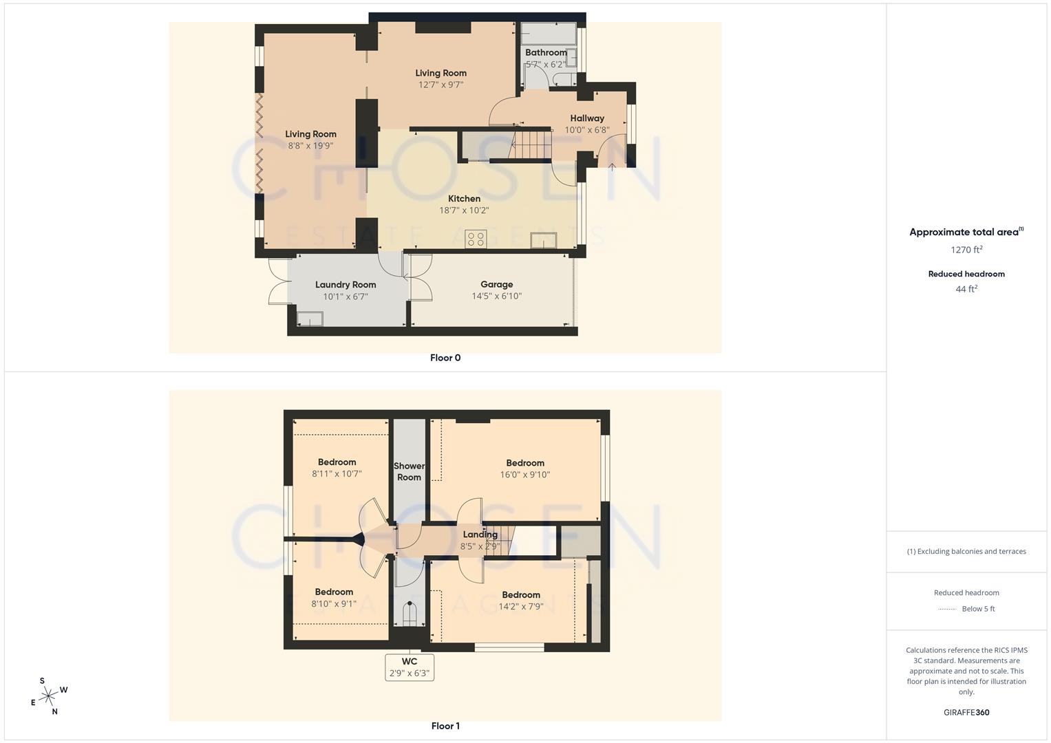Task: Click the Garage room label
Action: (496, 284)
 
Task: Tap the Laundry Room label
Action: (346, 285)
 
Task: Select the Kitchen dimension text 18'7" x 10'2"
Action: (464, 211)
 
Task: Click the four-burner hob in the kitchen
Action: (476, 239)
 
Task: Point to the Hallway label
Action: (587, 118)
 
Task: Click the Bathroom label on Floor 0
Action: (546, 52)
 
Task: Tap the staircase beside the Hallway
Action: (532, 144)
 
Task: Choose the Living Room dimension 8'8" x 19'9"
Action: (310, 146)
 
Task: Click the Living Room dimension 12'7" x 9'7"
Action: (440, 85)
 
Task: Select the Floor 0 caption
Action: (445, 358)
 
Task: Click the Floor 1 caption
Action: (445, 726)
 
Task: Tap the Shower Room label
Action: (409, 471)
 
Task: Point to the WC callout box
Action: (410, 667)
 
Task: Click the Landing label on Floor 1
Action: (480, 535)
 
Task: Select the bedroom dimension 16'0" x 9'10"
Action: (525, 475)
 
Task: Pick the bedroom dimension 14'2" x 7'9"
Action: (521, 607)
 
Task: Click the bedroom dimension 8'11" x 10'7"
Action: (337, 474)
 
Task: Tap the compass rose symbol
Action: (48, 697)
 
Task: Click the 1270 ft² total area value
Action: (966, 250)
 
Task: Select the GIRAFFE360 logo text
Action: (966, 713)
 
